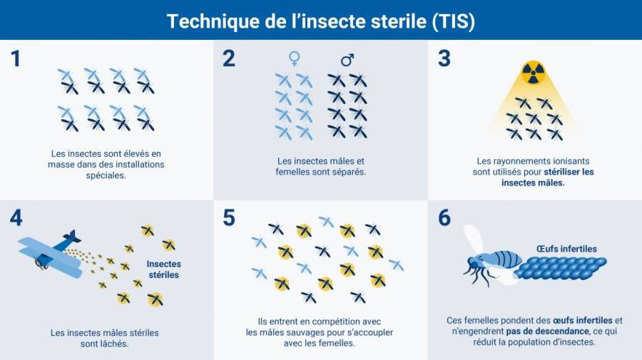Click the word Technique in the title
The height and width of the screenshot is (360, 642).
click(x=213, y=21)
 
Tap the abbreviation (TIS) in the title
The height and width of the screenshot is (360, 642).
click(x=453, y=21)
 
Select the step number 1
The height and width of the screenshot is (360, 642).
click(x=16, y=58)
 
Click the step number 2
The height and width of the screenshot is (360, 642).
click(x=229, y=58)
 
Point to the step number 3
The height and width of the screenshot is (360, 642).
click(x=444, y=58)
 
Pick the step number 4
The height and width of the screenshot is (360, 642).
click(x=16, y=217)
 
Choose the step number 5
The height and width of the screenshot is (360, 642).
click(x=229, y=217)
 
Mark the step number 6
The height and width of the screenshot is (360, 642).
click(x=444, y=217)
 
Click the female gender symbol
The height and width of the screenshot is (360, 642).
click(x=294, y=58)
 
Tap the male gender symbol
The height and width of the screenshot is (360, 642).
click(x=347, y=60)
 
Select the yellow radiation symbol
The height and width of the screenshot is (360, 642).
click(x=533, y=73)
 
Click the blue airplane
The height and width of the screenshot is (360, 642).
click(x=50, y=254)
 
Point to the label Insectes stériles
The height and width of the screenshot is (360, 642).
click(x=163, y=269)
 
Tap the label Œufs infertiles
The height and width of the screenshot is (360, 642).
click(x=566, y=249)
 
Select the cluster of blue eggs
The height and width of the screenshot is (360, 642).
click(x=561, y=268)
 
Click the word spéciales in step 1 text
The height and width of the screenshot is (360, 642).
click(x=106, y=175)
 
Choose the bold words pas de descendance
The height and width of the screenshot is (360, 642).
click(x=547, y=331)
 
